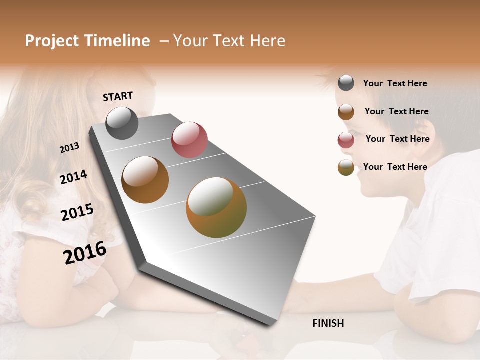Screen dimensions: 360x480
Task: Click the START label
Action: coord(118,96)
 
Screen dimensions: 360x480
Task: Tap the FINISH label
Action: coord(328,323)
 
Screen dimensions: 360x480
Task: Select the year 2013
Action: coord(70,147)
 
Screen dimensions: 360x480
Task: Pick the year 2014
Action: coord(73,177)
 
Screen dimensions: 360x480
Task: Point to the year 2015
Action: coord(77,212)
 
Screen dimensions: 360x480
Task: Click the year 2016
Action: coord(85,252)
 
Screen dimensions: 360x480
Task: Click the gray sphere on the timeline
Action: coord(122,123)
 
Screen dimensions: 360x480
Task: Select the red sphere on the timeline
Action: coord(189,139)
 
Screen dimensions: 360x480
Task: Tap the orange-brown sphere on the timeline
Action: coord(145,180)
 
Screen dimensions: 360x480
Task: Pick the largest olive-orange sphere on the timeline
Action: coord(216,207)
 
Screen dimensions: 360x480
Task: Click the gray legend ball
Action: coord(346,83)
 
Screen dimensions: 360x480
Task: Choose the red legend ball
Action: coord(346,139)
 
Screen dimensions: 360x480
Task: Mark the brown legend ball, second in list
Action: coord(346,112)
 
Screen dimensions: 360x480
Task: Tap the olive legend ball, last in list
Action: coord(346,167)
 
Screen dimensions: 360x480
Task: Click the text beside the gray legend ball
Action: coord(395,83)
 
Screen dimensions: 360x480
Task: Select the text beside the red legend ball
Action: coord(397,139)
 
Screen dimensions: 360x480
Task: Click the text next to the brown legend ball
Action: coord(396,111)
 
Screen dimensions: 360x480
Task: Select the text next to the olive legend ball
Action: coord(395,167)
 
